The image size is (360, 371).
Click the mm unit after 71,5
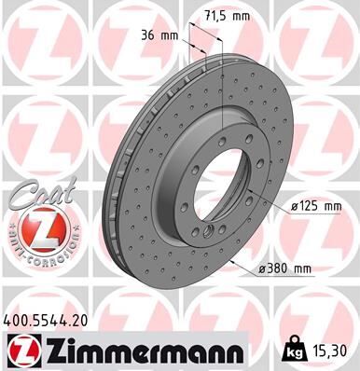tap(243, 16)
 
